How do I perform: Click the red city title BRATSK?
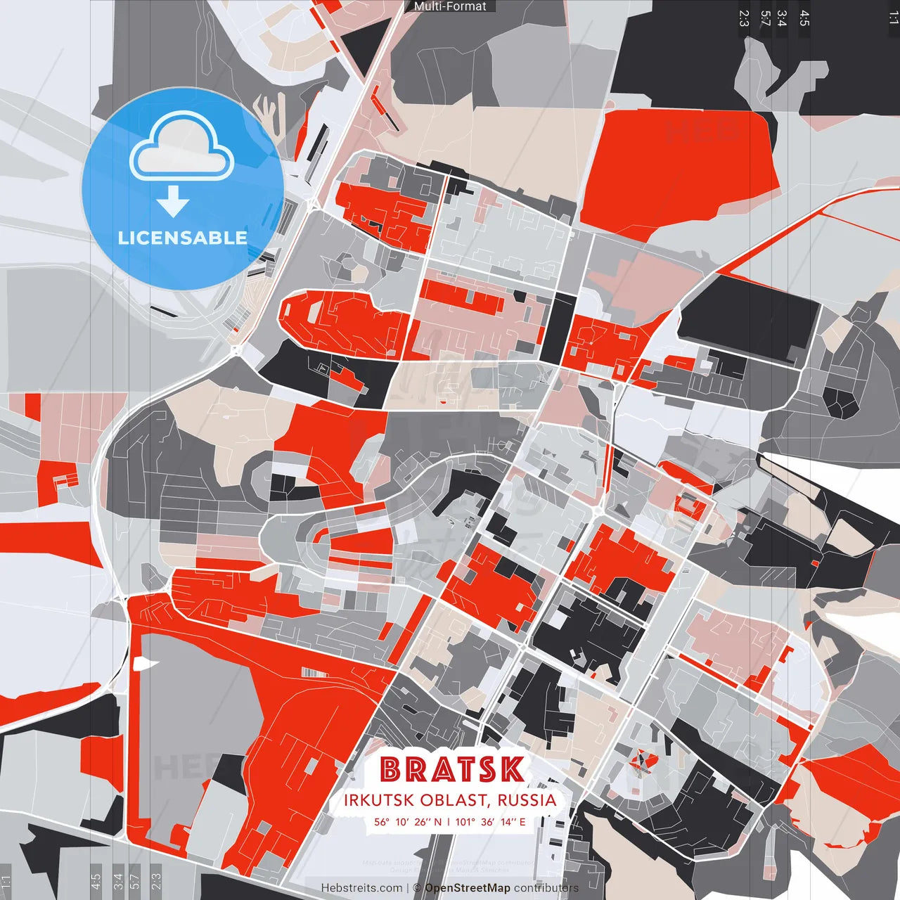click(451, 770)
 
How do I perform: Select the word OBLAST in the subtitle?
click(455, 800)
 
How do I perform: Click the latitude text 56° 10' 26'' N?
click(408, 822)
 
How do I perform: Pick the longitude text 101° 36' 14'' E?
click(490, 822)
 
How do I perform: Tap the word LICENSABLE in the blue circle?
click(183, 238)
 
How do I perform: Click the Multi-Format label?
click(450, 6)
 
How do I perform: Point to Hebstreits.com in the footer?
click(362, 888)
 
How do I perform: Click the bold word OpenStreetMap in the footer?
click(468, 888)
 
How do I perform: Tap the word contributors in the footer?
click(546, 888)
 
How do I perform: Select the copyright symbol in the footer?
click(417, 888)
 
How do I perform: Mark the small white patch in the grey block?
click(143, 663)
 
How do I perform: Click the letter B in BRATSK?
click(390, 770)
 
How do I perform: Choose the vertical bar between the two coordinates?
click(449, 822)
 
